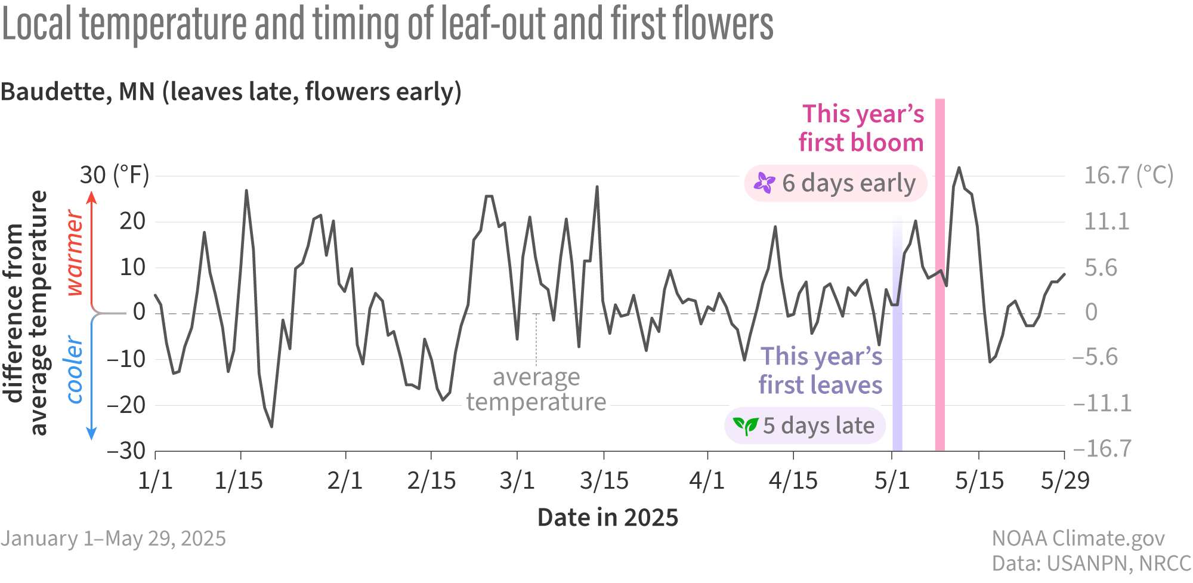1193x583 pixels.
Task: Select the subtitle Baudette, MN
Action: (x=231, y=92)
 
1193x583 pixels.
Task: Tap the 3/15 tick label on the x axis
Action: (x=604, y=480)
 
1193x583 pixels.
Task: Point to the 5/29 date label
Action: (x=1065, y=480)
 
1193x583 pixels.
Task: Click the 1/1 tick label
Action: (x=155, y=480)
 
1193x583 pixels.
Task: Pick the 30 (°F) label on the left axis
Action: (x=115, y=175)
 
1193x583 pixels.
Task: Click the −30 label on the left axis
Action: (x=126, y=451)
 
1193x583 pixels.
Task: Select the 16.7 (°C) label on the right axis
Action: (x=1128, y=175)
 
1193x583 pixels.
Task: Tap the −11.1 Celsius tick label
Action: (x=1102, y=403)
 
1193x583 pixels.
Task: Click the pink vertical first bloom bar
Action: (x=939, y=358)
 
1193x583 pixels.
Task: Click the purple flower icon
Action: (x=764, y=183)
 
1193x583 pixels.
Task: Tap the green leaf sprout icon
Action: (x=745, y=425)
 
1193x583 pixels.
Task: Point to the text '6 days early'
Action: (x=848, y=183)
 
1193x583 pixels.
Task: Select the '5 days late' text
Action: (x=818, y=425)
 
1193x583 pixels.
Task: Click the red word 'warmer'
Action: (x=75, y=252)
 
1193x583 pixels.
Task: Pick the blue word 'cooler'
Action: (x=75, y=370)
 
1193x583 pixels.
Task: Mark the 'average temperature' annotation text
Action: (x=536, y=390)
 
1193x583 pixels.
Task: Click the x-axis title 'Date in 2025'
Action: (x=607, y=517)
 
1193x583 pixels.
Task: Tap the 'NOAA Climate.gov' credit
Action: (x=1078, y=538)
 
